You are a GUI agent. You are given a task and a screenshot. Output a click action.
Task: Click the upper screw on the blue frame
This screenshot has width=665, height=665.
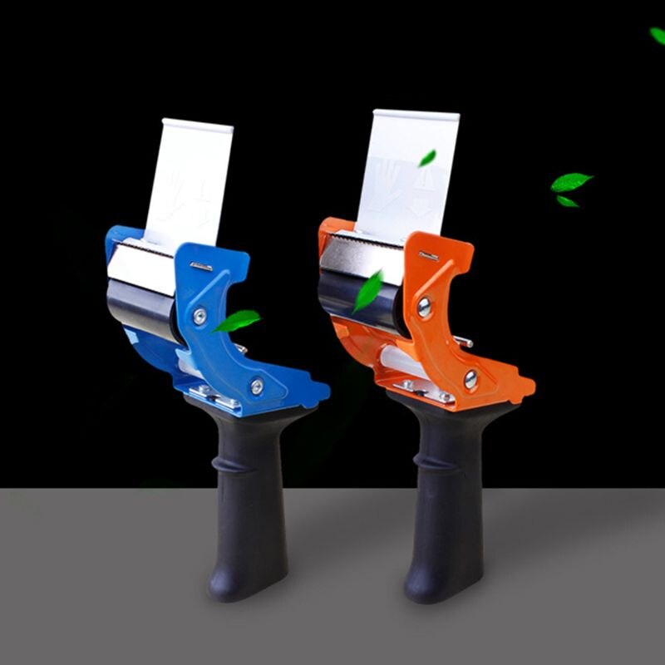tap(199, 316)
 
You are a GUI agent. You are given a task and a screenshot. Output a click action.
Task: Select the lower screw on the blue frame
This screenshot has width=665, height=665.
tap(257, 386)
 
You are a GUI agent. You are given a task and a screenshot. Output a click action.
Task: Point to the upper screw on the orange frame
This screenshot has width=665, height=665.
tap(425, 307)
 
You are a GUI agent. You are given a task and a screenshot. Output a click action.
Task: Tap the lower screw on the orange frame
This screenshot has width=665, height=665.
tap(471, 379)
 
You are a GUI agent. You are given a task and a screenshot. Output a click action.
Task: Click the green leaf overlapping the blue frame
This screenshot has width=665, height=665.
tap(237, 320)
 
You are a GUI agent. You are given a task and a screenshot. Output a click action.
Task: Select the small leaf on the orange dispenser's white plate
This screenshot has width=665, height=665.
tap(427, 158)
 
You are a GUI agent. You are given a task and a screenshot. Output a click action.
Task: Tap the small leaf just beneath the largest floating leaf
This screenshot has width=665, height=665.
tap(567, 201)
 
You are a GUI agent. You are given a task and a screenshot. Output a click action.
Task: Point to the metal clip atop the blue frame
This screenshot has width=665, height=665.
tap(201, 266)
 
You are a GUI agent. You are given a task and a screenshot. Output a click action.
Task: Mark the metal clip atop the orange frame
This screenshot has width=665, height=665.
tap(429, 257)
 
